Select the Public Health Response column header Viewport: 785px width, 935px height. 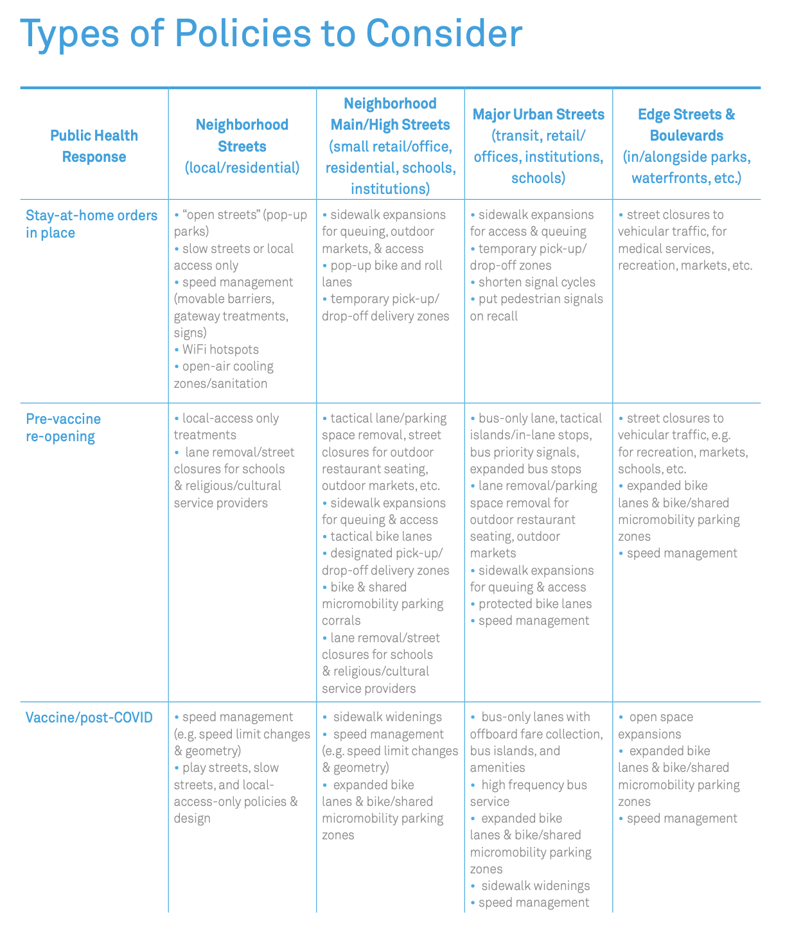pos(94,146)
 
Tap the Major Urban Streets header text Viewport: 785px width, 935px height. pos(538,114)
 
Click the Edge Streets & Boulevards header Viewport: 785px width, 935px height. pos(686,125)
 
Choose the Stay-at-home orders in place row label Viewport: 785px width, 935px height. pos(91,223)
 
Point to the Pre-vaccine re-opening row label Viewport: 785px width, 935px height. pos(63,428)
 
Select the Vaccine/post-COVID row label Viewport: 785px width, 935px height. pos(89,717)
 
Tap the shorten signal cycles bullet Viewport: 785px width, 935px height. pos(536,282)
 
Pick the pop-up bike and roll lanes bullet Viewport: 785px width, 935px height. pos(382,274)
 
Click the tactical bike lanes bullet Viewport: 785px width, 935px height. pos(380,536)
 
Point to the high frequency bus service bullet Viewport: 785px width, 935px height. pos(528,793)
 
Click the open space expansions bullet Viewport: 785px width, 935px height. pos(657,726)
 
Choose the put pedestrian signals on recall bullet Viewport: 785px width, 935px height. pos(536,307)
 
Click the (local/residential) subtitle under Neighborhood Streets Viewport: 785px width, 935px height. pos(242,168)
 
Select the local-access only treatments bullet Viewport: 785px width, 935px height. pos(226,426)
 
